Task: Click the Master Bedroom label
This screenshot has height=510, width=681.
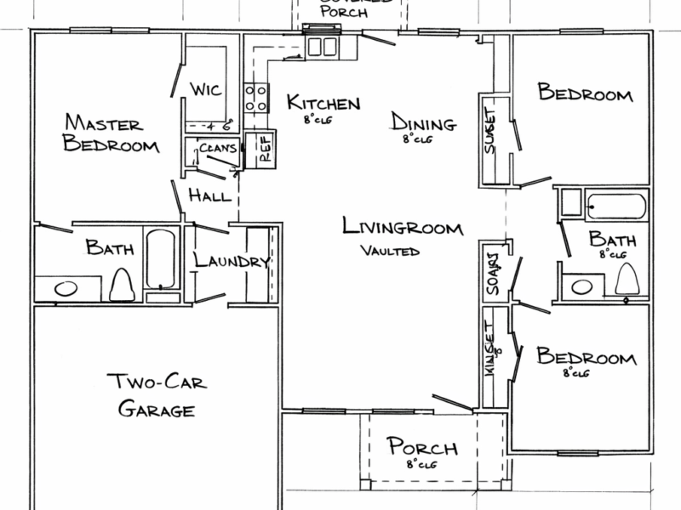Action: (x=111, y=134)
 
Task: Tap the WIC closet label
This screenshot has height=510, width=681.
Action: (x=205, y=89)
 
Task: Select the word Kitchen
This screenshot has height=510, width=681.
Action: (x=323, y=103)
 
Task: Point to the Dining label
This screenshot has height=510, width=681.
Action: (x=423, y=122)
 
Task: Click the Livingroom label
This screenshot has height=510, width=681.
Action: (x=403, y=228)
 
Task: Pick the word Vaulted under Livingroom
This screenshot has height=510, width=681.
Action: (x=390, y=251)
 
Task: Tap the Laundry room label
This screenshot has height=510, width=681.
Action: (x=232, y=261)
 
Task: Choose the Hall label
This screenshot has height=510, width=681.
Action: (x=209, y=196)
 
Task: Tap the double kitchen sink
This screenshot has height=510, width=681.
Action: (x=323, y=46)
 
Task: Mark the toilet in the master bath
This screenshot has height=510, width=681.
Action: (x=123, y=284)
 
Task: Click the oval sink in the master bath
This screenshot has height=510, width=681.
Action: (x=65, y=289)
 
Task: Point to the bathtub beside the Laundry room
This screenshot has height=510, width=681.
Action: (x=160, y=260)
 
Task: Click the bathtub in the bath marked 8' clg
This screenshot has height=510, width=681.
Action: (x=616, y=207)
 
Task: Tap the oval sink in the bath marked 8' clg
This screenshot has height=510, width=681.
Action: (x=582, y=286)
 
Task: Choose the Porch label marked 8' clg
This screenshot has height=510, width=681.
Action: (x=422, y=448)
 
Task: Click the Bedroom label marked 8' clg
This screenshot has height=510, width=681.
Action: (x=586, y=357)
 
